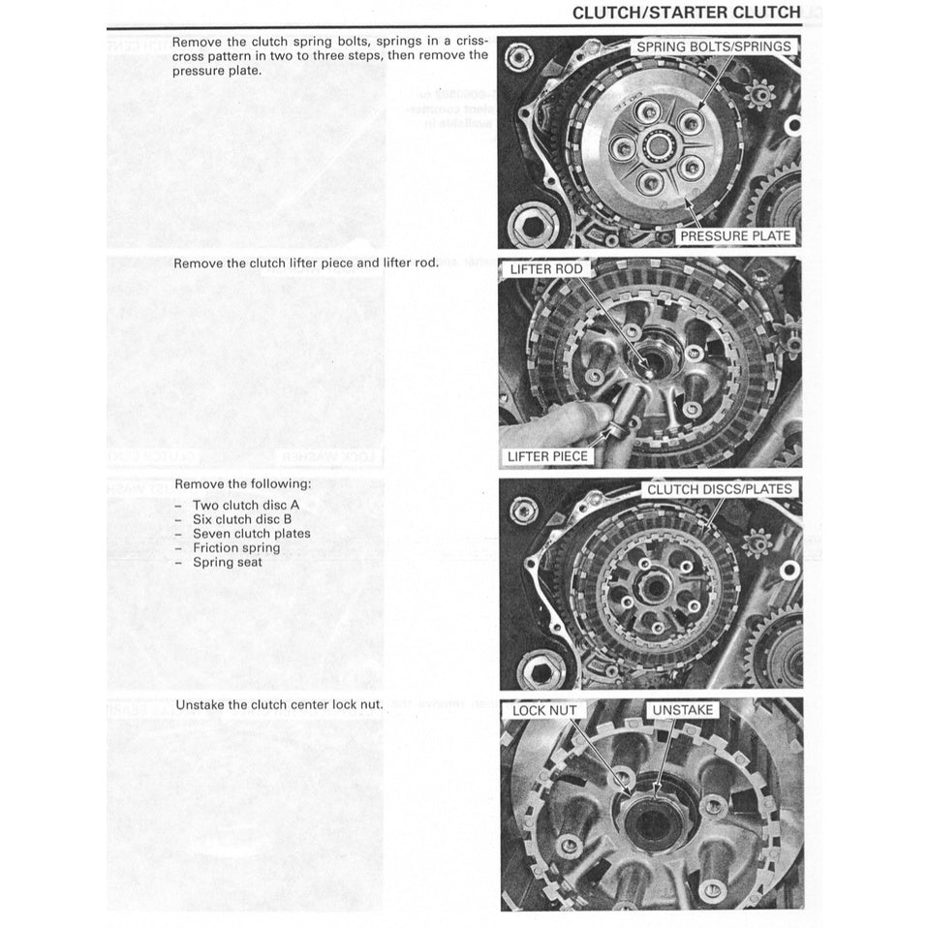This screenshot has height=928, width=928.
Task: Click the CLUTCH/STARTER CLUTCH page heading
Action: coord(686,13)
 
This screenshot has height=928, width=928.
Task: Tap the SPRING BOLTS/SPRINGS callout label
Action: coord(713,46)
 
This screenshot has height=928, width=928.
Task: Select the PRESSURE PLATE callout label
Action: coord(735,235)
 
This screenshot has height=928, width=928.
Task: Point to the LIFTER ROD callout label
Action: coord(546,268)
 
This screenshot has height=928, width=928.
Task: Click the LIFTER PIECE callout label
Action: coord(547,456)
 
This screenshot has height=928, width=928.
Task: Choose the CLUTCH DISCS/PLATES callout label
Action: coord(719,489)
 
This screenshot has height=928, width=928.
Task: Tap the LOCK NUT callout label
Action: coord(544,710)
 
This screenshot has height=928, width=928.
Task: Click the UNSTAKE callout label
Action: coord(682,710)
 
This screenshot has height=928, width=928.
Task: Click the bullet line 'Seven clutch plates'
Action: coord(251,533)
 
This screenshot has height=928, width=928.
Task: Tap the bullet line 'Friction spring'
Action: coord(235,547)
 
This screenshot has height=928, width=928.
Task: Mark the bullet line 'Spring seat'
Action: coord(227,562)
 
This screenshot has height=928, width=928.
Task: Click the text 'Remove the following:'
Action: coord(243,483)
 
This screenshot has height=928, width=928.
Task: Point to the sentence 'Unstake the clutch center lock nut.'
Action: coord(279,704)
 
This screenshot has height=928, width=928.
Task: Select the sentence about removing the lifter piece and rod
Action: coord(306,263)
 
